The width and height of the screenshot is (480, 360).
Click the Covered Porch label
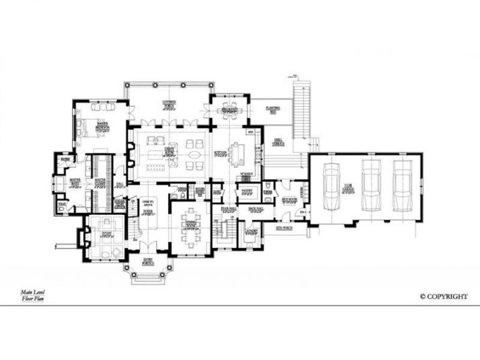[168, 103]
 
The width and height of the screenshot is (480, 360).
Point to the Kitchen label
[219, 153]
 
